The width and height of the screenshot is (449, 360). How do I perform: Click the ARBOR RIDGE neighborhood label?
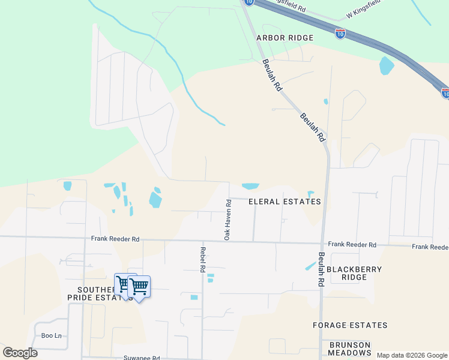285,38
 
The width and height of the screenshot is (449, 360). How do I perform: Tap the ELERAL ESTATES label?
285,202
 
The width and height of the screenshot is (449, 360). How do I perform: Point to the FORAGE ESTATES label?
350,325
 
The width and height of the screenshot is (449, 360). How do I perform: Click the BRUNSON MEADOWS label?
350,349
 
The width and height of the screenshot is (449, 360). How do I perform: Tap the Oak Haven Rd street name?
228,220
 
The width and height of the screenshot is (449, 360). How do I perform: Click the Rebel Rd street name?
203,259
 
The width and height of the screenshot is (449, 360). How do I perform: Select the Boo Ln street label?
51,335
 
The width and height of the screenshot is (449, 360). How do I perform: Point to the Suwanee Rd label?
142,358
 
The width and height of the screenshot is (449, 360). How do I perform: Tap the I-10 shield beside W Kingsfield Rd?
340,34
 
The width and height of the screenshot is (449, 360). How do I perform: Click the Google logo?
20,353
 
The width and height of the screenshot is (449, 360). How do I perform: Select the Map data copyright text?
412,355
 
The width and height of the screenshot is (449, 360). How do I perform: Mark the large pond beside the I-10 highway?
387,65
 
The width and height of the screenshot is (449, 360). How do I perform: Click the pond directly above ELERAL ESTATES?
250,186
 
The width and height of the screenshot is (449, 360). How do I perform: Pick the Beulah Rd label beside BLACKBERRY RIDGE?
321,268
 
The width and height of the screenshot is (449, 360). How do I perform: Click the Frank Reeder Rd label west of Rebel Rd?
115,239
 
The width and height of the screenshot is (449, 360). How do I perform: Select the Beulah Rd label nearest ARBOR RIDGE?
272,76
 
